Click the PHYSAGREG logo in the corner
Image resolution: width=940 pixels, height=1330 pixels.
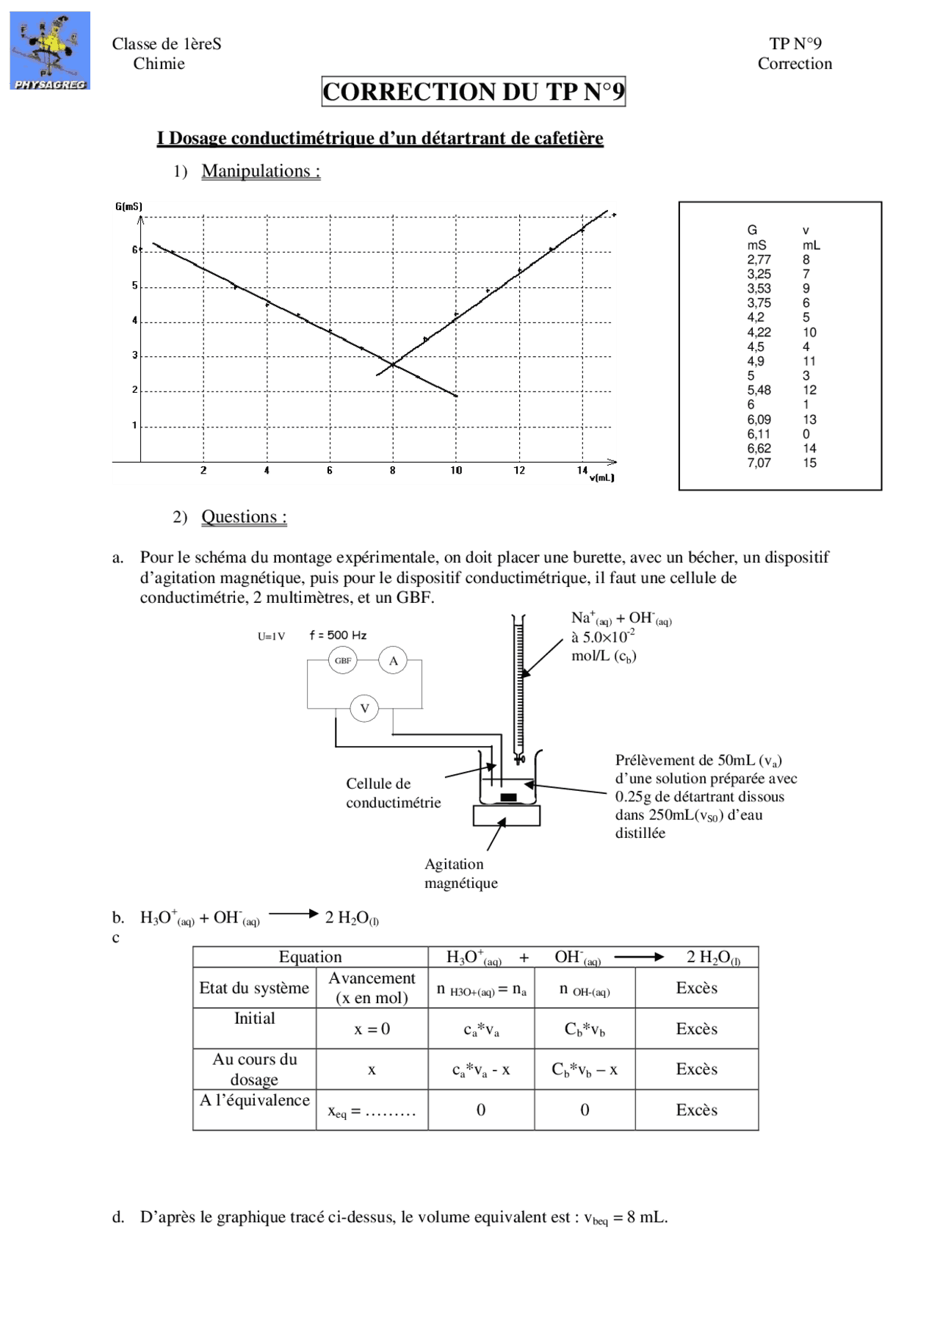(50, 51)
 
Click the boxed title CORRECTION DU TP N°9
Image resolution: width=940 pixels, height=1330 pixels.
(473, 92)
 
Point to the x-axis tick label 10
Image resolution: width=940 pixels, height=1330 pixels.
(456, 471)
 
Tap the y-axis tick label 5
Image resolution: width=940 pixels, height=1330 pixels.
(134, 286)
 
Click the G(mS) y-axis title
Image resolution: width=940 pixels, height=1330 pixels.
(129, 207)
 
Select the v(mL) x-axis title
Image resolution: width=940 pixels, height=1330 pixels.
(601, 478)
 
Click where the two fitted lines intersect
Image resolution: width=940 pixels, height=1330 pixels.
(393, 364)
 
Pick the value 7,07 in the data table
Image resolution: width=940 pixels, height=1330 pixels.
(759, 463)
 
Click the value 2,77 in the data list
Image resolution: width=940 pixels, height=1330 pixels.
(759, 259)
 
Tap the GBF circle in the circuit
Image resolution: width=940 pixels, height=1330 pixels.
(343, 660)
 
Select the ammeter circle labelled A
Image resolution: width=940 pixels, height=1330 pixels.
(393, 660)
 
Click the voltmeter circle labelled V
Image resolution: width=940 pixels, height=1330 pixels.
(364, 709)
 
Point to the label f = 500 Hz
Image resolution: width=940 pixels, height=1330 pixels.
(338, 635)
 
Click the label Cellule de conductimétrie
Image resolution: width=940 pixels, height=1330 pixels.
(393, 793)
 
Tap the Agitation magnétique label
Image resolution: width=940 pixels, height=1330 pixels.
(460, 873)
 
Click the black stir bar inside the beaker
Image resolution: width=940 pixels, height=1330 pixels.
(508, 798)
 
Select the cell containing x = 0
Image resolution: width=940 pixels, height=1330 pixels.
(372, 1028)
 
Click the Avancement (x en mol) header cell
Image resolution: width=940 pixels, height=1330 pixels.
(372, 988)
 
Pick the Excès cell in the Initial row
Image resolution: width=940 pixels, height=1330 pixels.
(696, 1028)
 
